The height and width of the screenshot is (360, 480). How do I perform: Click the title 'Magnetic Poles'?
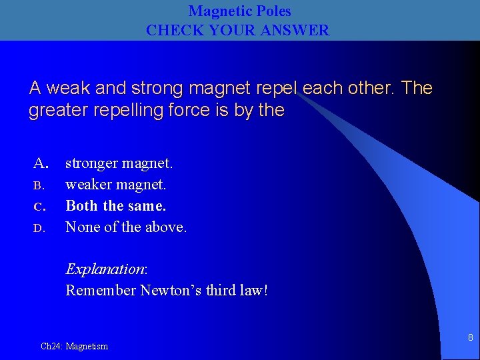(x=239, y=11)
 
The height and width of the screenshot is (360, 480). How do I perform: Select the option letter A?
(x=41, y=163)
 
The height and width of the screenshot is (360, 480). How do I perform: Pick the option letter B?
(x=39, y=185)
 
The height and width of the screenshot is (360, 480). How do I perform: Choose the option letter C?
(x=39, y=206)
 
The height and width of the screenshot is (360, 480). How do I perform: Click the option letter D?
(x=39, y=228)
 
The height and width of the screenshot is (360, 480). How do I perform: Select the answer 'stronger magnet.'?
(x=119, y=163)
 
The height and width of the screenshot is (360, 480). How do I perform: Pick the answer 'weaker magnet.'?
(x=115, y=185)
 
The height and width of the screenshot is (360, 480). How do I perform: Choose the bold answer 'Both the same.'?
(x=116, y=206)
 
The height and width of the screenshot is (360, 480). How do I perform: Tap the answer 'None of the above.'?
(x=126, y=227)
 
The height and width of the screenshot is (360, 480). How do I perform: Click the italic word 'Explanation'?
(x=105, y=269)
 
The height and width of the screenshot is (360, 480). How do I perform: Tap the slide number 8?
(x=470, y=337)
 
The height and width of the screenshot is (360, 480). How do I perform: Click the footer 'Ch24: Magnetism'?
(x=74, y=346)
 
